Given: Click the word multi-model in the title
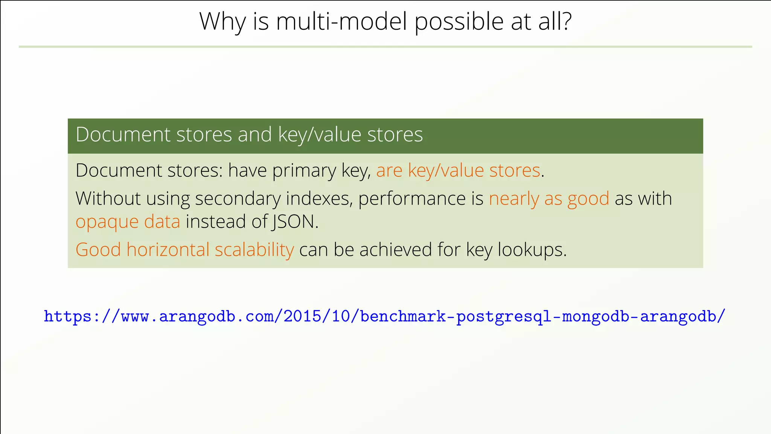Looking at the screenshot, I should point(341,21).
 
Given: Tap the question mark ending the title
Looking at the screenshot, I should point(565,21).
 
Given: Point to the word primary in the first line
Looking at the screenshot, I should point(304,170).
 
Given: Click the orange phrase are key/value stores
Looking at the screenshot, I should point(458,170).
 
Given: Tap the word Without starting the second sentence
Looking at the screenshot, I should point(108,199).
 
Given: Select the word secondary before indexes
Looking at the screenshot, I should point(238,199).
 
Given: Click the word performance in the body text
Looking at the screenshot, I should point(412,199).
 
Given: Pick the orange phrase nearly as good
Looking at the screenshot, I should point(549,199).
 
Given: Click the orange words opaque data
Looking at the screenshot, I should point(128,222).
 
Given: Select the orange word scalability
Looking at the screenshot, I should point(254,250).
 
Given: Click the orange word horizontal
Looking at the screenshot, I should point(168,250).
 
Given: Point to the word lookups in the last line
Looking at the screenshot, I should point(532,250).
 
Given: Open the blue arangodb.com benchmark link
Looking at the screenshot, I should point(384,316).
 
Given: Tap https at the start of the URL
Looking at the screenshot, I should point(67,316).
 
